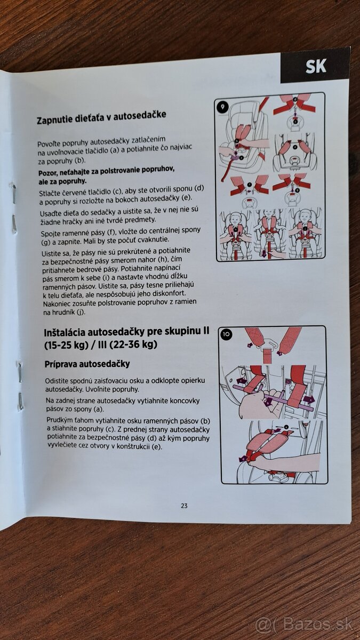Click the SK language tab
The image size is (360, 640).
coord(315,66)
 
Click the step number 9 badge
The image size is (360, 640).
coord(223,107)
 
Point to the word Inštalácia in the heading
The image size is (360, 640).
coord(65,333)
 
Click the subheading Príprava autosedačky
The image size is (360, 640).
coord(87,364)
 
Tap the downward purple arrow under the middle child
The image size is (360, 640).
coord(263,254)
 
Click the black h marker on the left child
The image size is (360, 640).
coord(236,229)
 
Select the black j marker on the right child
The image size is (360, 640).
coord(305,229)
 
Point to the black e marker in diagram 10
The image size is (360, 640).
coord(286,427)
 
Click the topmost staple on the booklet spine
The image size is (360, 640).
coord(14,194)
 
